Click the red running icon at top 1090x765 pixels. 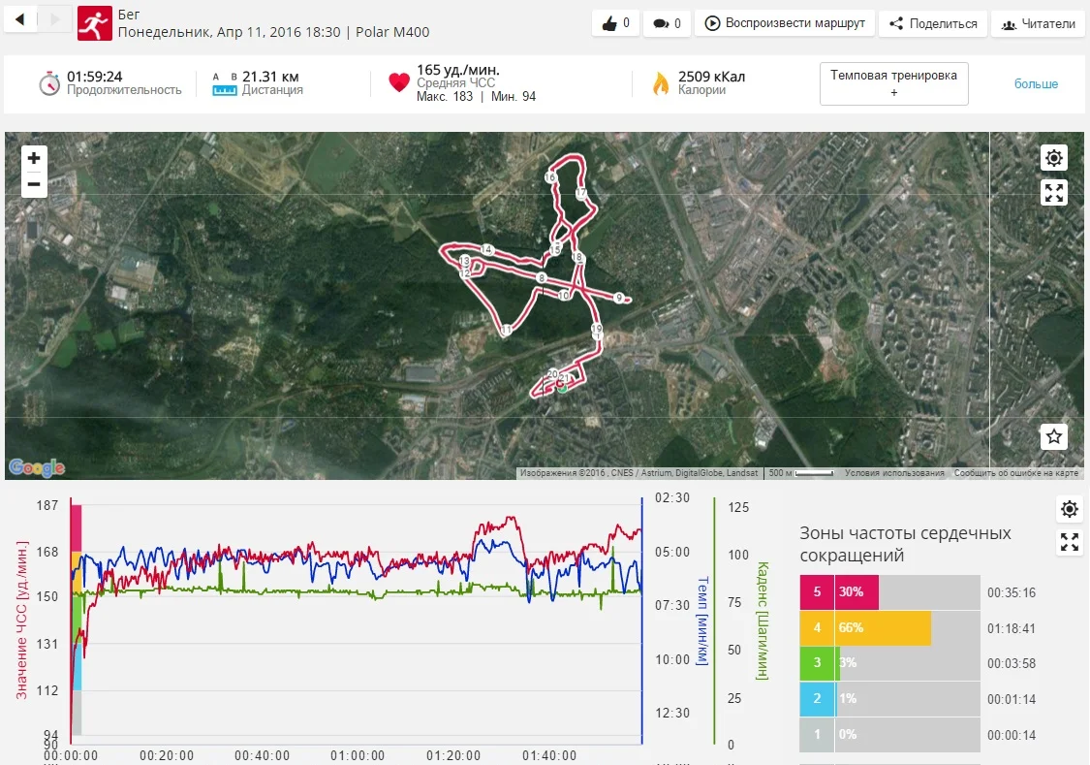(x=95, y=23)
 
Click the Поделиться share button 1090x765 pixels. (x=933, y=23)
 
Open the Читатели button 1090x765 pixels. (x=1038, y=23)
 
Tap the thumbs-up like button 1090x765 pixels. (x=615, y=23)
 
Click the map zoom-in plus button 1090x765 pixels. (x=34, y=158)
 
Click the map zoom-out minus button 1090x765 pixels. (x=34, y=184)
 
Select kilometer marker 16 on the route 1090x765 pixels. (x=550, y=177)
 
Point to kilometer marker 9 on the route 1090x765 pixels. (x=618, y=298)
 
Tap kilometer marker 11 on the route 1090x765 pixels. (x=506, y=331)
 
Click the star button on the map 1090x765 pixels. (x=1054, y=436)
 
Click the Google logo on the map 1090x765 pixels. (x=37, y=468)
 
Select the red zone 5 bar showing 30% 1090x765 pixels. (x=839, y=592)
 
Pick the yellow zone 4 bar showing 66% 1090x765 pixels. (x=865, y=627)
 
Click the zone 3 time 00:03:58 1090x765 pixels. (x=1012, y=663)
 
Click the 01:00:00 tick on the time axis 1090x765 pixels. (x=357, y=755)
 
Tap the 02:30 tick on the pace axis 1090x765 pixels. (x=671, y=497)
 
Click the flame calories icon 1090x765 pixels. (x=661, y=83)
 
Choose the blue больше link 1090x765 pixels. (x=1036, y=84)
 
